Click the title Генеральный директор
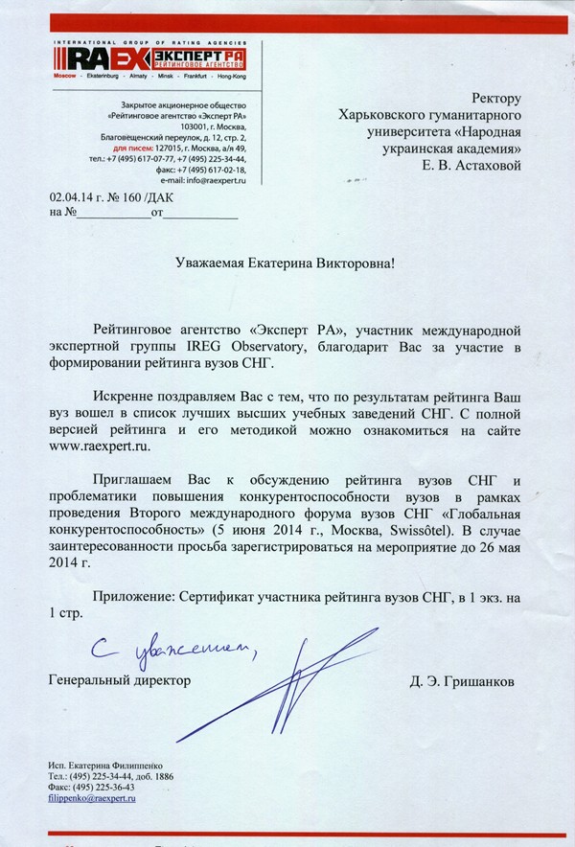click(x=120, y=679)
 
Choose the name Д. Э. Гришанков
click(x=453, y=681)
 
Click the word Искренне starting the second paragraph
click(x=124, y=396)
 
